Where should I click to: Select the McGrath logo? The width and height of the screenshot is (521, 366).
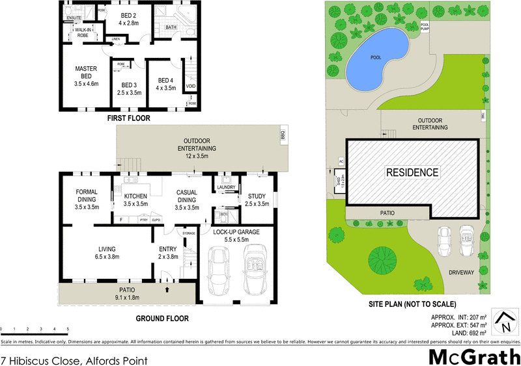pos(474,356)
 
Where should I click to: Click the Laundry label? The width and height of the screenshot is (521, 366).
pos(225,187)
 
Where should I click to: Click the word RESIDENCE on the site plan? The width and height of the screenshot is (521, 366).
pos(413,173)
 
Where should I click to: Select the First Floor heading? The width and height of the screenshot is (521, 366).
pos(129,119)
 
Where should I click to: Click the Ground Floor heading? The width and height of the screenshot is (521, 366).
pos(162,319)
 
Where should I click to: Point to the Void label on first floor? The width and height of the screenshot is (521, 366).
pos(191,86)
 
